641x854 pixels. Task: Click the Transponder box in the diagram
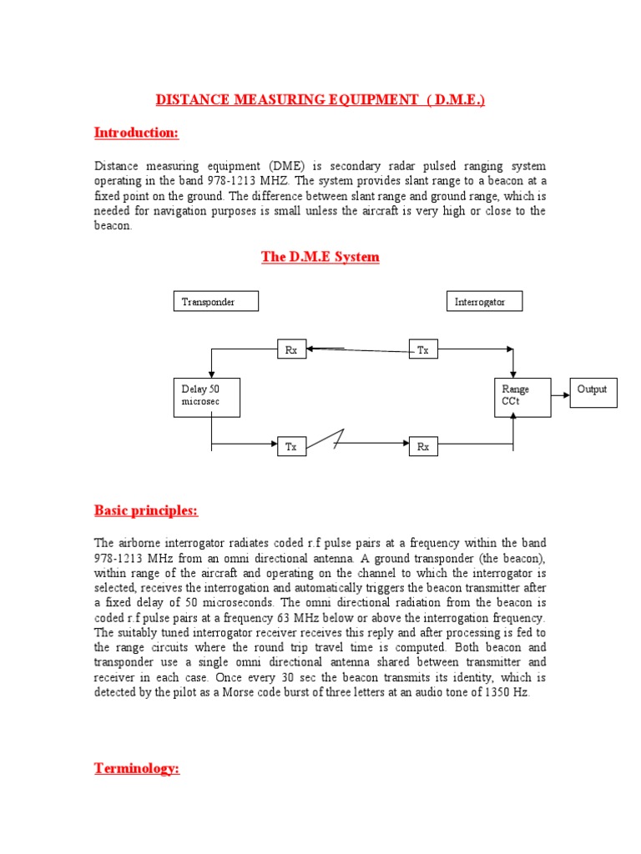216,301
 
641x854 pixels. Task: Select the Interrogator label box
485,301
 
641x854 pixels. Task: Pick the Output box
593,391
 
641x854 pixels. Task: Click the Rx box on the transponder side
291,350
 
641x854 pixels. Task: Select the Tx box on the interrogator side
423,350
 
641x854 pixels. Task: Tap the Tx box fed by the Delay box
291,447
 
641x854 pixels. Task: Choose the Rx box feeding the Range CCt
423,447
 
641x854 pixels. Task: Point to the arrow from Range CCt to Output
560,391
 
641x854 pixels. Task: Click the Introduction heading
136,133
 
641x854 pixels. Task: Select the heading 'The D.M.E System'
320,257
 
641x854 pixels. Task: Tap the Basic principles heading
146,510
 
